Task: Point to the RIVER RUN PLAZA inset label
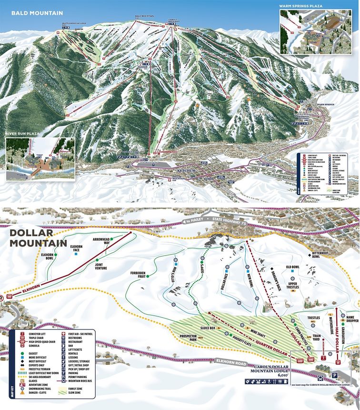tap(22, 134)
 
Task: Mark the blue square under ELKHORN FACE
tap(76, 254)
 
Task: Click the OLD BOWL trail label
tap(292, 267)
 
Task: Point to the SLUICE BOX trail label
tap(207, 328)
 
